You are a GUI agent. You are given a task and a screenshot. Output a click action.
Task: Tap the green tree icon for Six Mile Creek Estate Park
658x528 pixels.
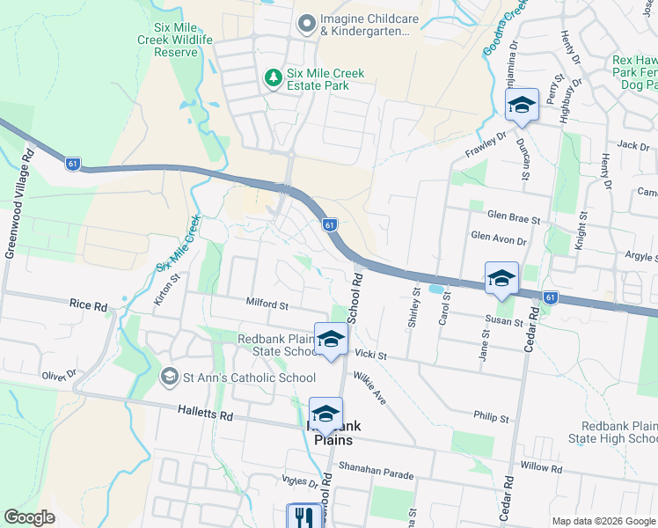[274, 78]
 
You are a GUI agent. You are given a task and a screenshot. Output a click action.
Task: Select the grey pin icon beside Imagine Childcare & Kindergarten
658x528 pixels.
[306, 24]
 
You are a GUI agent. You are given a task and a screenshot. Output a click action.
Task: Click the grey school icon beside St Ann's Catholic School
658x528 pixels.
[169, 378]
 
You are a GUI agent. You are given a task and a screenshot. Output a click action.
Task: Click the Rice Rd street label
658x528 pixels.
[89, 306]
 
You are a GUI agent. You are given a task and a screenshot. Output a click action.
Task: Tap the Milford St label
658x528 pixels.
[268, 305]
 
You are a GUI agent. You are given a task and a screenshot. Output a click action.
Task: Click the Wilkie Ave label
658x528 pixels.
[370, 387]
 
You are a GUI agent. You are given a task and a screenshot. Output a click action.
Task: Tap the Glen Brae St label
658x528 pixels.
[512, 216]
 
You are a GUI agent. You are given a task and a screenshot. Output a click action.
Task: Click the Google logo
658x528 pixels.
[29, 517]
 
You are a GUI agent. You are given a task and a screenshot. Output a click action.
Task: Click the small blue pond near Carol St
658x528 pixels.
[435, 288]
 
